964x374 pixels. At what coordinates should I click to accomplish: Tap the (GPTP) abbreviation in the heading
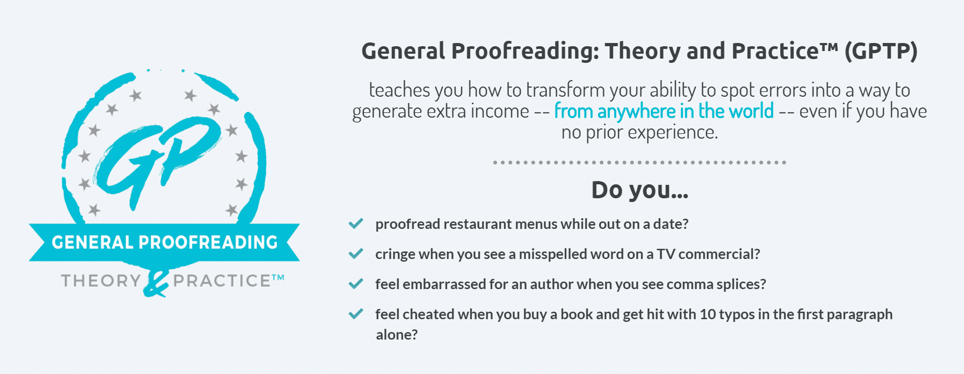881,51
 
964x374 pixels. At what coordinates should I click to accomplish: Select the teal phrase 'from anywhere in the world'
664,111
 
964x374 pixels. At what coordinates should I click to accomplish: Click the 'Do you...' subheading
639,190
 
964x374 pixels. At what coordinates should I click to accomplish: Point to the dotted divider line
639,162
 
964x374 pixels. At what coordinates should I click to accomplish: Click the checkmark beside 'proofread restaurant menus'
356,224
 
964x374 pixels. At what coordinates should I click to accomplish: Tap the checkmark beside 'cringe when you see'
356,254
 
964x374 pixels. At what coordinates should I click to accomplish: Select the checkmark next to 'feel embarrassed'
356,284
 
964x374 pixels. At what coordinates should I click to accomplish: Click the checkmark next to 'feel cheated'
356,314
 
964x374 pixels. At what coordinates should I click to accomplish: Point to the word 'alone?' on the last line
397,335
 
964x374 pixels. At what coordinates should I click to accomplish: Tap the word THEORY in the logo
101,280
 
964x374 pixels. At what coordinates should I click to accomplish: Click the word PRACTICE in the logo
222,280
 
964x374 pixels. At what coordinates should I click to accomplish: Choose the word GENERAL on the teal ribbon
92,242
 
